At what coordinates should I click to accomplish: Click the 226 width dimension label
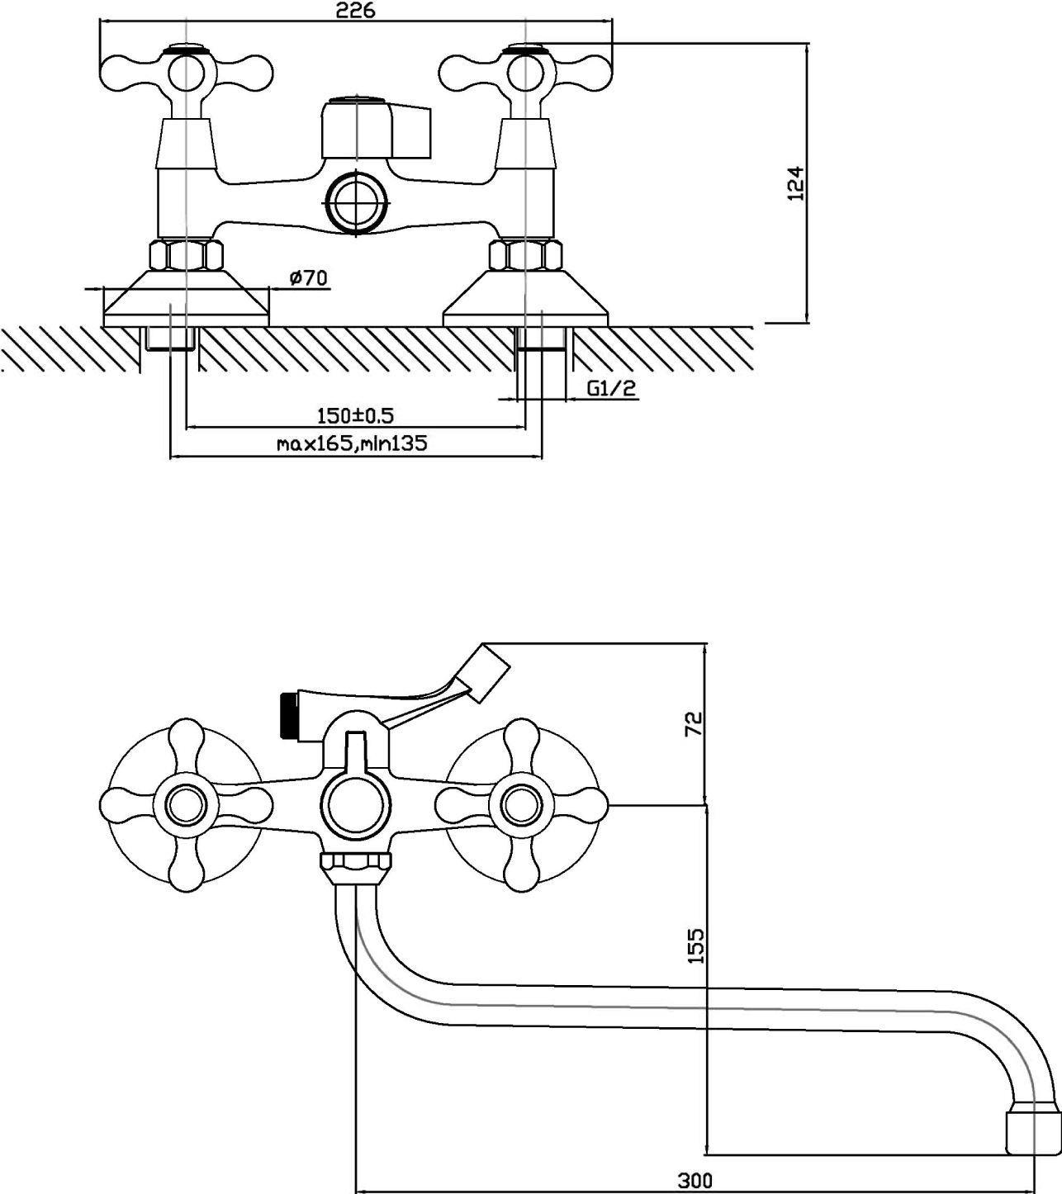356,11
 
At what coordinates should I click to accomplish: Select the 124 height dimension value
794,183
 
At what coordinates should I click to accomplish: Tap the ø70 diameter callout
309,278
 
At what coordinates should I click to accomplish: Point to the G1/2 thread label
612,388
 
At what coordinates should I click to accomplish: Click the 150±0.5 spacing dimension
355,415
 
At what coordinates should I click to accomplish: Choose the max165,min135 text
352,443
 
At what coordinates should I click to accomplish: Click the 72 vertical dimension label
694,723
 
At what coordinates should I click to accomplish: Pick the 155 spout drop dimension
696,946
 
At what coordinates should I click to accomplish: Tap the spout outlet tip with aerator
1031,1132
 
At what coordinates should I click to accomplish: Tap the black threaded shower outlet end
288,714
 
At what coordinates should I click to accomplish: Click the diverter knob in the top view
375,128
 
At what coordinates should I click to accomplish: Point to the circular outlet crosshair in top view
357,200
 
